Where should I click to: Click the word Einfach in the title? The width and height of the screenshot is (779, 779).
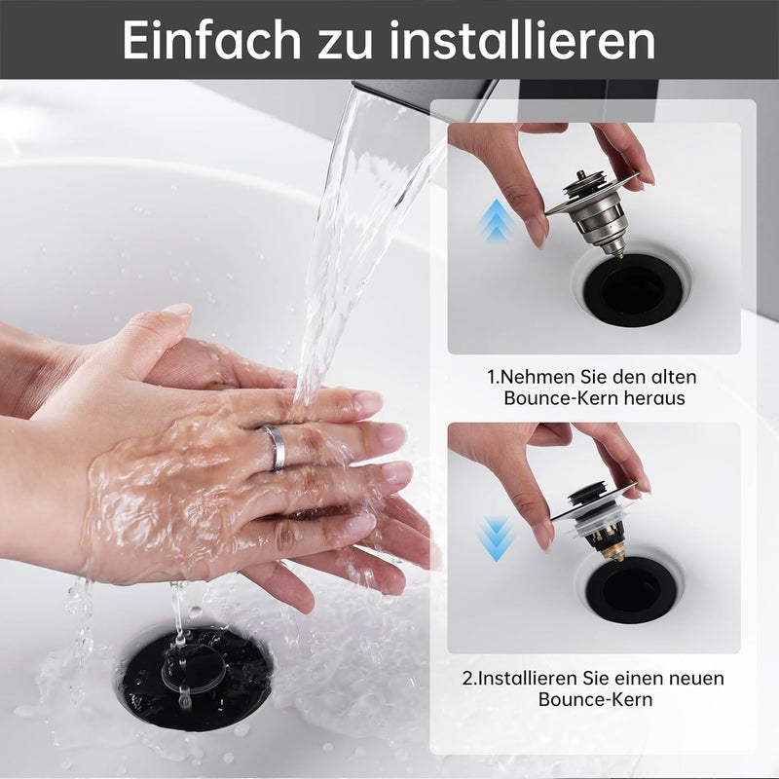[x=212, y=41]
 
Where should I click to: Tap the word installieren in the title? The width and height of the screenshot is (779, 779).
[x=522, y=41]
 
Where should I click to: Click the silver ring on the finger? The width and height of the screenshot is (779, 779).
[x=275, y=447]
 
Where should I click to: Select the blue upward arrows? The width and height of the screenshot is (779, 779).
[x=495, y=220]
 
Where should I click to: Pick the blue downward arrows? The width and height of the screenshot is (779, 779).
[x=495, y=539]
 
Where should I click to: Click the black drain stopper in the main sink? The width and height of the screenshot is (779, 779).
[x=197, y=679]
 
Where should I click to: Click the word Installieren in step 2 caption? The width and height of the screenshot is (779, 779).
[x=525, y=678]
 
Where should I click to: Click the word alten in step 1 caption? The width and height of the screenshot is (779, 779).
[x=672, y=377]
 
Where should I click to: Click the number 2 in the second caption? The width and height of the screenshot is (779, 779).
[x=467, y=679]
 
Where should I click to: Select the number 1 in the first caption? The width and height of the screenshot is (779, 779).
[x=492, y=378]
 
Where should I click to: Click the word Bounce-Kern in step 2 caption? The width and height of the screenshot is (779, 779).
[x=595, y=699]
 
